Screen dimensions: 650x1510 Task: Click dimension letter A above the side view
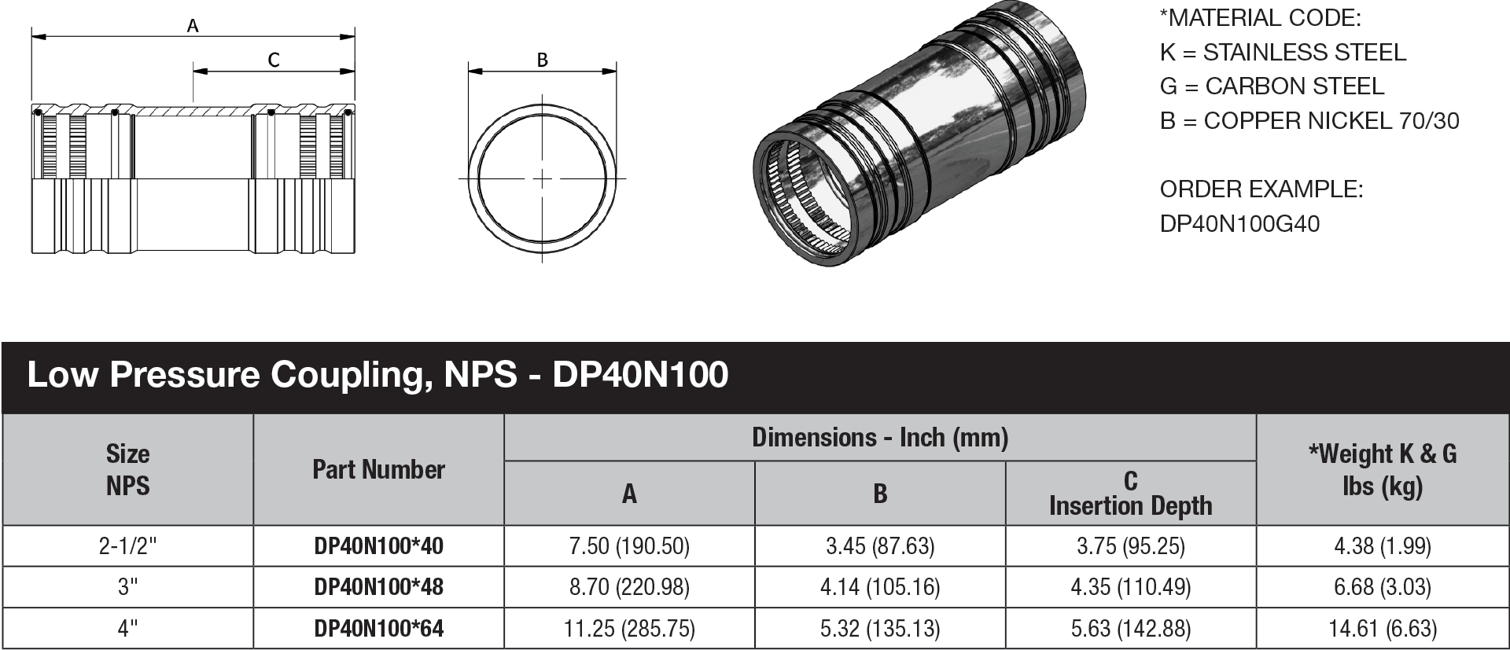193,26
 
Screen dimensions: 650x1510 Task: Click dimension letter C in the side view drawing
274,60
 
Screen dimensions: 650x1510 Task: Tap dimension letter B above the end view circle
542,60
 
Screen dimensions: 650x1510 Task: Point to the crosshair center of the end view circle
543,178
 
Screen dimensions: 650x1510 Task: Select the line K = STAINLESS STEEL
1283,53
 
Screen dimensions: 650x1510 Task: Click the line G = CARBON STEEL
1272,86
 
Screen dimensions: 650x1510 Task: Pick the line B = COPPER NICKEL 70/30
1309,121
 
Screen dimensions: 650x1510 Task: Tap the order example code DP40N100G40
1239,224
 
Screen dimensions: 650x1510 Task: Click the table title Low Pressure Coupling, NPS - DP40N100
377,375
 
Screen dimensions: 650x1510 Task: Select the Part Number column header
378,470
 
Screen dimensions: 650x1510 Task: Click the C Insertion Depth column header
1130,493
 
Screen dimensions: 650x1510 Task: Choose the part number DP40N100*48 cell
378,587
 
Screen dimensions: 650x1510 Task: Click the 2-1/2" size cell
127,546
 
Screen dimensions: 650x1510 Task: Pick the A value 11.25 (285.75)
629,629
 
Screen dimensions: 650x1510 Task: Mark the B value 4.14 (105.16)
880,587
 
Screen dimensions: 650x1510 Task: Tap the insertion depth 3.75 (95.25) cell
1130,546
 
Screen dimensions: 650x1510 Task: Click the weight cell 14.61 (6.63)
1382,629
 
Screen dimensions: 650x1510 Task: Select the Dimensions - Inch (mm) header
879,438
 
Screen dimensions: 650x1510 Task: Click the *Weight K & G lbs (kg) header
1382,470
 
